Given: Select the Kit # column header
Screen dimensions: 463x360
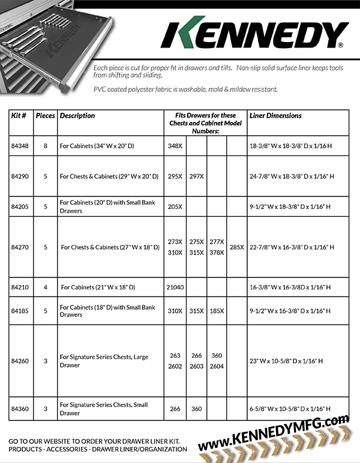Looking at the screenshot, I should point(19,115).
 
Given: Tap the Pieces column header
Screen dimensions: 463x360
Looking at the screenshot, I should point(45,115).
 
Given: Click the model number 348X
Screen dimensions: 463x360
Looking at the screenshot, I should point(175,145).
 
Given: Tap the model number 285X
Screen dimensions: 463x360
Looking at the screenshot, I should point(237,247).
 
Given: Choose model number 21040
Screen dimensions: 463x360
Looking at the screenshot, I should point(175,288).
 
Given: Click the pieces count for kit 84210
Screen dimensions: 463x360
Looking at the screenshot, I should point(45,288).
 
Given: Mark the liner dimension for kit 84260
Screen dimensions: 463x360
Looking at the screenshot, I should point(286,361).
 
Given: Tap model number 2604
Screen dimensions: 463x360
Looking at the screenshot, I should point(217,366).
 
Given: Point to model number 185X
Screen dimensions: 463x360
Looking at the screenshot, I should point(217,310).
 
